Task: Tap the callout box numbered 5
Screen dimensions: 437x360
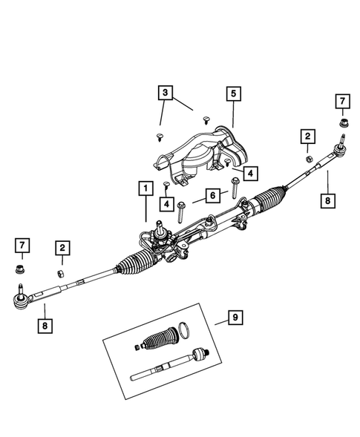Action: (232, 93)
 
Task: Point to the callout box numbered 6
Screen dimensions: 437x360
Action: (212, 195)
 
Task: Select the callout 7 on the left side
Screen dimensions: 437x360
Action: (23, 245)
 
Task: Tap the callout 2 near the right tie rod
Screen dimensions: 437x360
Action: (305, 136)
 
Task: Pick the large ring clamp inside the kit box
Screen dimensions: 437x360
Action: (187, 330)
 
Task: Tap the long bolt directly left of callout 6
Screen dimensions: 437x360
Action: (180, 212)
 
